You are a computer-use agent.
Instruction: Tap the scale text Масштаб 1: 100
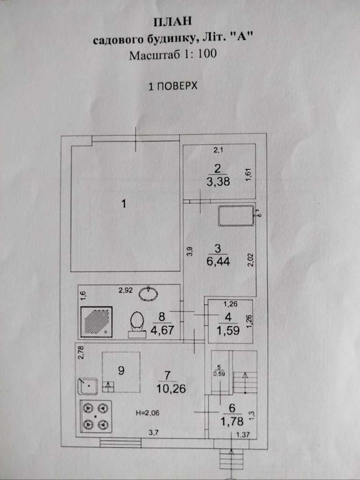click(x=172, y=56)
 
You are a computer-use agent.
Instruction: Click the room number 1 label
click(x=123, y=203)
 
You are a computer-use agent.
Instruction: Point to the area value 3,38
click(x=217, y=182)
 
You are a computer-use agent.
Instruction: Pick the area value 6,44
click(x=217, y=262)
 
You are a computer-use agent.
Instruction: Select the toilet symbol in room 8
click(x=136, y=322)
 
